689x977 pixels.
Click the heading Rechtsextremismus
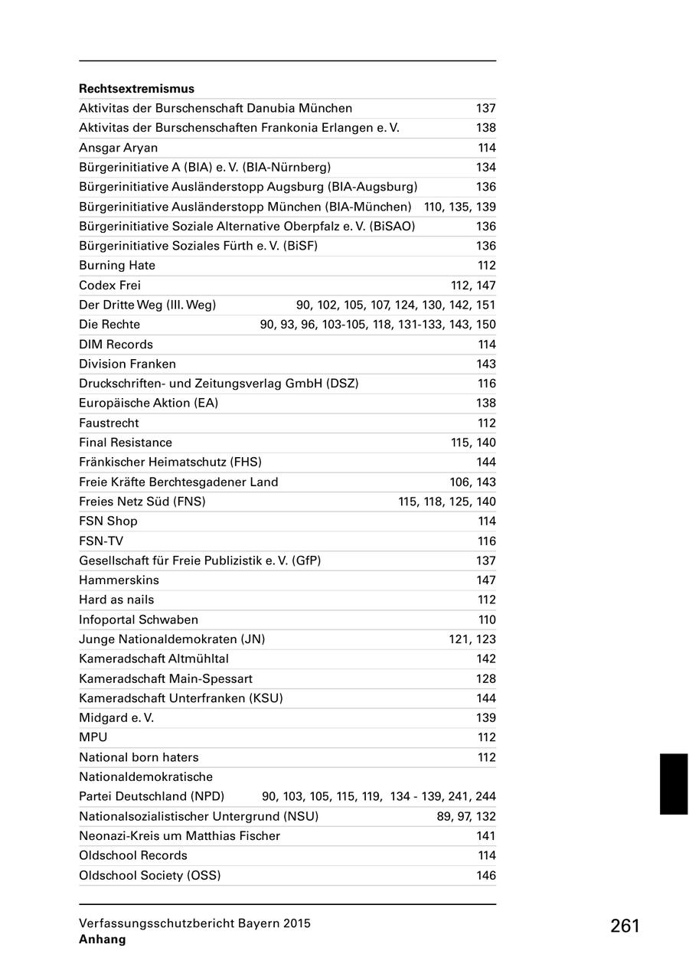(x=136, y=89)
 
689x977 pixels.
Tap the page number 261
(x=625, y=926)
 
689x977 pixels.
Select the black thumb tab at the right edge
(x=674, y=783)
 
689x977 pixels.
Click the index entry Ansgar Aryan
(x=119, y=148)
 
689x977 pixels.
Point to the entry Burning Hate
(x=117, y=266)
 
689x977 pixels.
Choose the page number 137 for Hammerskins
(x=486, y=580)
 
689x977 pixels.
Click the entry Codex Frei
(x=110, y=286)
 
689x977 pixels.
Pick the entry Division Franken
(x=127, y=364)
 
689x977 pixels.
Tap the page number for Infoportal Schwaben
(x=487, y=619)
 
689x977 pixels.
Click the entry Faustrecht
(x=109, y=423)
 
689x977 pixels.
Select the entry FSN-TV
(x=101, y=541)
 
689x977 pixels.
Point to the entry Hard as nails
(x=116, y=600)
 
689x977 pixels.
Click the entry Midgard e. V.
(x=116, y=718)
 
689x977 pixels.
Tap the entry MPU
(x=93, y=737)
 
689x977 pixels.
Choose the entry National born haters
(x=139, y=757)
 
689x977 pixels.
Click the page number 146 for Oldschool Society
(x=486, y=875)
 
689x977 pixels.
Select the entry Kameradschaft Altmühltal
(x=154, y=658)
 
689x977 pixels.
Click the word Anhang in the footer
(x=102, y=939)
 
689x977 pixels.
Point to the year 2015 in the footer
(x=296, y=923)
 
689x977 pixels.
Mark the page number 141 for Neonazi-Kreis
(x=486, y=836)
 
